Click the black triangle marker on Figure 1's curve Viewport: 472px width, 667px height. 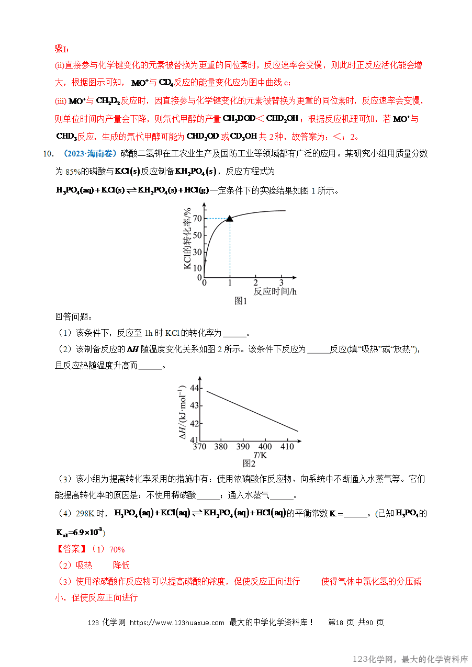[x=229, y=218]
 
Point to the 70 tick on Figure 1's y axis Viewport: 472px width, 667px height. [x=197, y=219]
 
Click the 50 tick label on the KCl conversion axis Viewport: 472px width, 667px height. [x=197, y=235]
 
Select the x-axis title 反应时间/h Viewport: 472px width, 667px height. [x=275, y=291]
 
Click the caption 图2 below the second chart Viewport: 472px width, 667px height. [x=249, y=463]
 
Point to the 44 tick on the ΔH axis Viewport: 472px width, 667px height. [x=194, y=388]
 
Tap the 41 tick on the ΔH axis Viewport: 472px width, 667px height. [x=194, y=440]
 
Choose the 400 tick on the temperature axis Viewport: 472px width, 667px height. [x=265, y=447]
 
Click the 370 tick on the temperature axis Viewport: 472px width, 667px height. [x=199, y=447]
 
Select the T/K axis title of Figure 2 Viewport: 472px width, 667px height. [x=260, y=455]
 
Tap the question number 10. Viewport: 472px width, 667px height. [x=48, y=154]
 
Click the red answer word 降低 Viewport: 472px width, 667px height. [x=121, y=566]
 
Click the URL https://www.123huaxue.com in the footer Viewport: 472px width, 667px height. [x=177, y=623]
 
